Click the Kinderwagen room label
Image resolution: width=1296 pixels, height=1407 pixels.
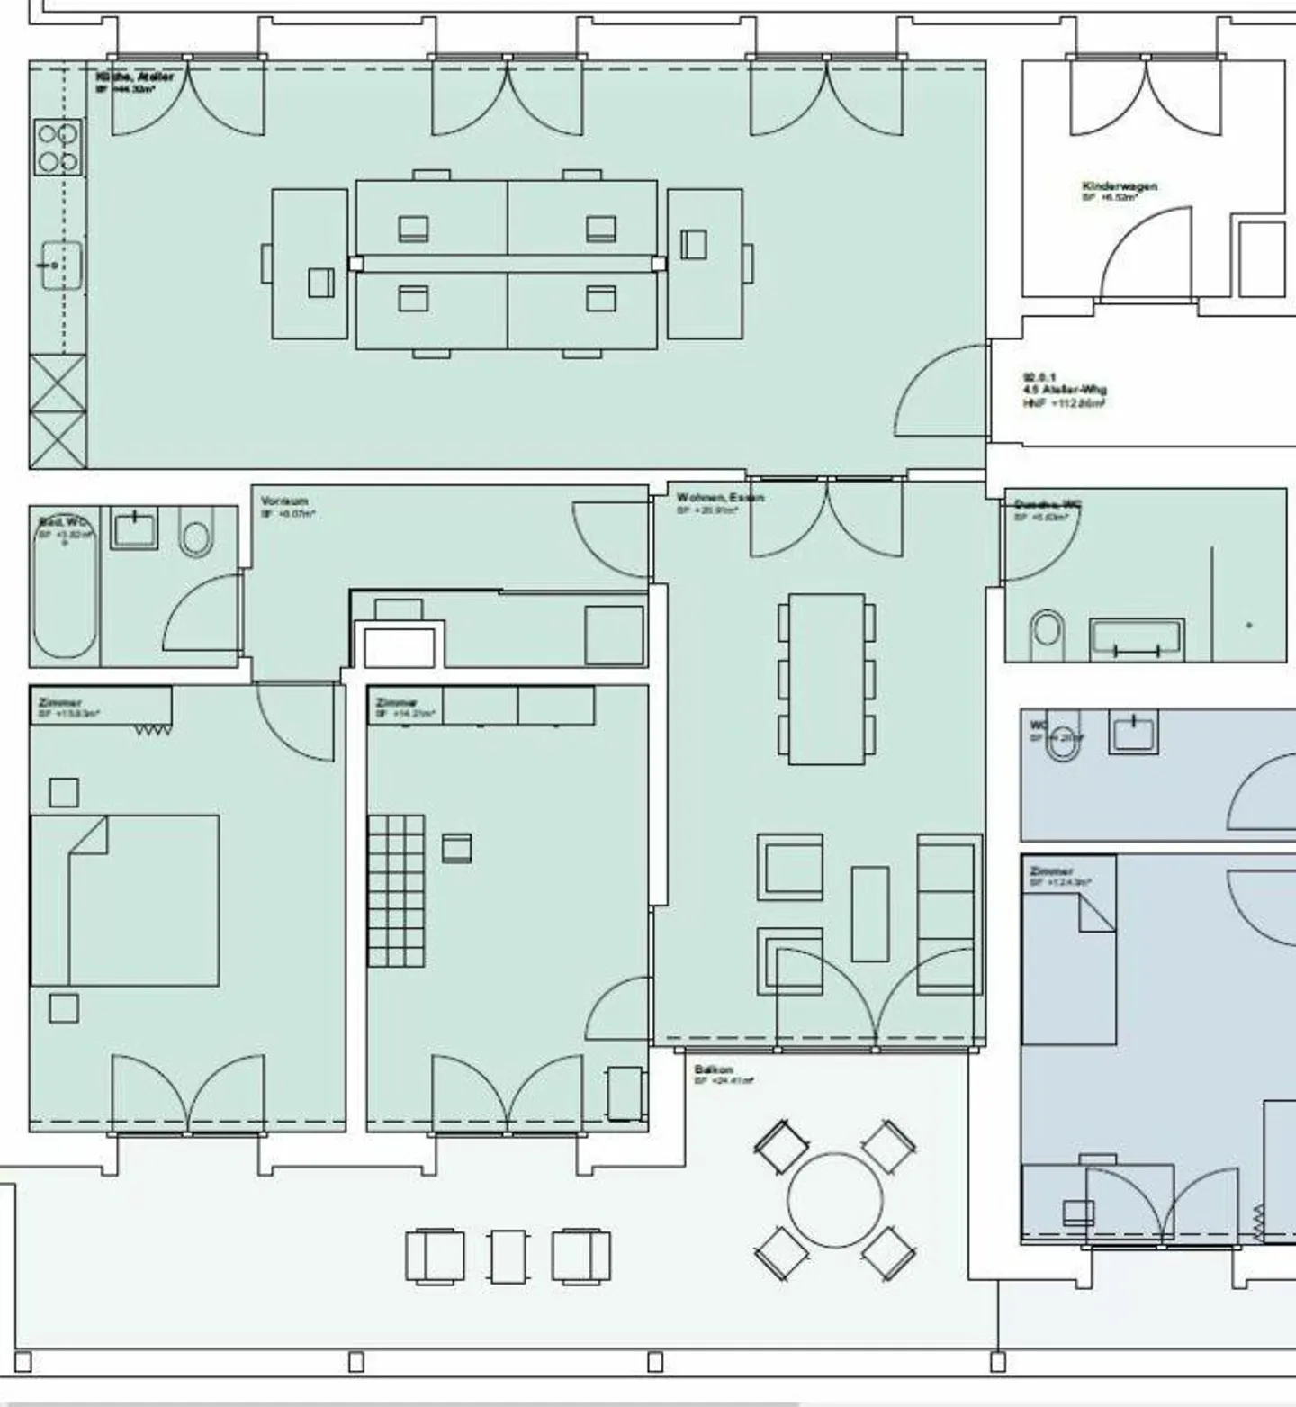click(x=1119, y=186)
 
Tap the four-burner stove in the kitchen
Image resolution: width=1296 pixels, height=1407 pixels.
click(x=58, y=149)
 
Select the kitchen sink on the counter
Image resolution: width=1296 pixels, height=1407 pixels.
click(x=61, y=266)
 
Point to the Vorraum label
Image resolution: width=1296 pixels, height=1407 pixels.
click(x=284, y=501)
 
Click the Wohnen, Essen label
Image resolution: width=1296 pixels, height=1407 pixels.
click(x=720, y=498)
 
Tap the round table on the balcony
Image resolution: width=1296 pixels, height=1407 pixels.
click(x=834, y=1200)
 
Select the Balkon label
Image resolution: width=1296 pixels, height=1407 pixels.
click(x=714, y=1069)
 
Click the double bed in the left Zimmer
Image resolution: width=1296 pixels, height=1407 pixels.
click(x=126, y=900)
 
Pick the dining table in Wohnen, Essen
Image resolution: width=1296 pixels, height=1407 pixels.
click(x=826, y=679)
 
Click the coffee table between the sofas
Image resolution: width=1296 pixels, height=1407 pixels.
click(x=869, y=914)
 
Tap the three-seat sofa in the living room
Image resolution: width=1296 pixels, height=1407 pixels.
click(x=948, y=914)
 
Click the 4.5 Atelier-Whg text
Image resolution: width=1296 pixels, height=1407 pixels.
click(x=1064, y=390)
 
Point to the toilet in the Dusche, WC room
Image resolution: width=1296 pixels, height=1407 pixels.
click(x=1047, y=630)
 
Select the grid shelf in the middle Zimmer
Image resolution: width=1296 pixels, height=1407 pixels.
click(x=395, y=890)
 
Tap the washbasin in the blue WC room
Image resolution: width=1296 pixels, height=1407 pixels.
click(x=1133, y=732)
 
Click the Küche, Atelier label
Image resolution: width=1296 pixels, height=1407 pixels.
click(x=135, y=77)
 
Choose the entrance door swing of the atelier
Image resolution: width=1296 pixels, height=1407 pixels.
click(x=940, y=392)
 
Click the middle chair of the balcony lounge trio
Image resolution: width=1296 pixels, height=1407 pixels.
click(x=508, y=1256)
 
